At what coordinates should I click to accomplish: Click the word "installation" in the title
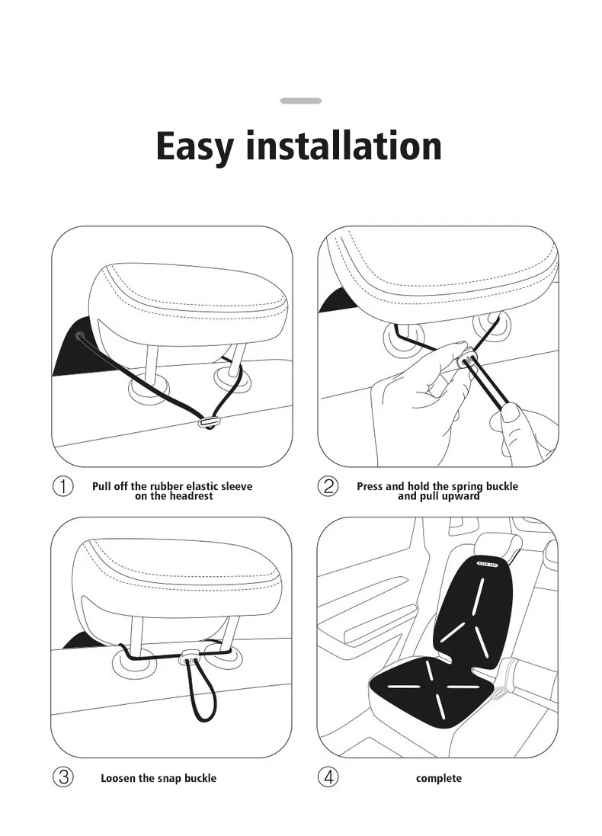(x=343, y=146)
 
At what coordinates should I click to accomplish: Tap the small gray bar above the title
(x=301, y=101)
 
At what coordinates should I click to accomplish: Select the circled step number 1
(x=62, y=487)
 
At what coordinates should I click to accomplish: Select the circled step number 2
(x=328, y=487)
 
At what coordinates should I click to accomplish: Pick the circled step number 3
(x=62, y=777)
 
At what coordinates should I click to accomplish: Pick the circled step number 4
(x=328, y=777)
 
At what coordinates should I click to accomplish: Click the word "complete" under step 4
(x=438, y=778)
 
